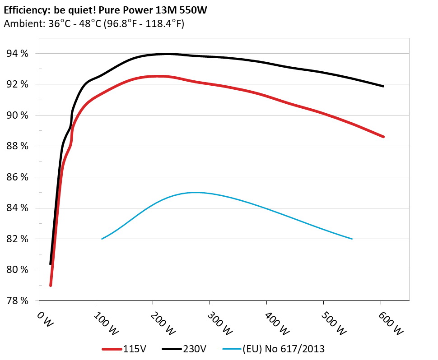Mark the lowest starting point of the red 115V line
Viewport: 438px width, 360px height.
(51, 285)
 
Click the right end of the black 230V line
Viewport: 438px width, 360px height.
(383, 86)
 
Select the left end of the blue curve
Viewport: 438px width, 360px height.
(102, 239)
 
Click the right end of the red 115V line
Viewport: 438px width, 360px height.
(383, 137)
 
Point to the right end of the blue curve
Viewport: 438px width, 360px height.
(352, 239)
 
